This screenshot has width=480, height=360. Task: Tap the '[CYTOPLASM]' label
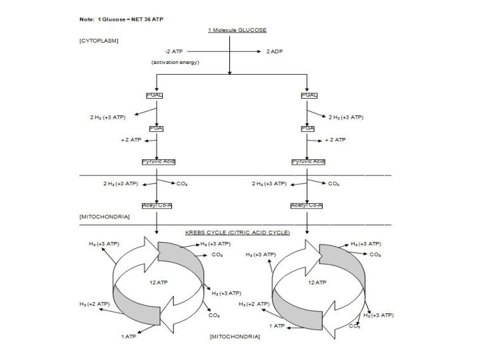[x=99, y=41]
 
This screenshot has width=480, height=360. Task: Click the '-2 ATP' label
[x=175, y=51]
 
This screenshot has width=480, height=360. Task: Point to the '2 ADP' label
[x=275, y=51]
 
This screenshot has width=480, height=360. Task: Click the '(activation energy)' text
[x=175, y=62]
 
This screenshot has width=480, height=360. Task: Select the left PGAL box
[x=155, y=95]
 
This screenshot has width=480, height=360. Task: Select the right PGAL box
[x=309, y=95]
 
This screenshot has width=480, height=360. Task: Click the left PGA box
[x=157, y=128]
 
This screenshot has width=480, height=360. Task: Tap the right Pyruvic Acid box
[x=308, y=161]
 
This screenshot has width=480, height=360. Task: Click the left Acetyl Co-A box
[x=157, y=205]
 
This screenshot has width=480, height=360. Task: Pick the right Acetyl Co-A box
[x=307, y=205]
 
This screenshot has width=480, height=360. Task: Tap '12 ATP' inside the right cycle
[x=317, y=282]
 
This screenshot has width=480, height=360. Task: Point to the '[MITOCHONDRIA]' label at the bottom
[x=234, y=337]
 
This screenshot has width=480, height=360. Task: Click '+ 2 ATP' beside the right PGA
[x=335, y=140]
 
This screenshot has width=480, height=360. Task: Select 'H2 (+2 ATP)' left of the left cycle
[x=94, y=303]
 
